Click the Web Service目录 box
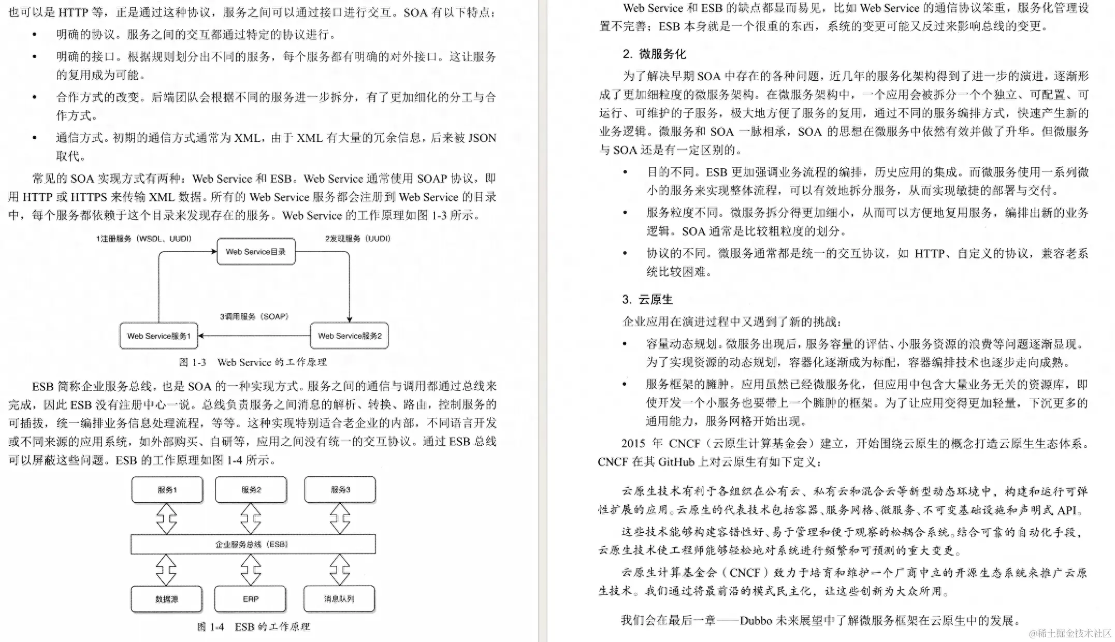pyautogui.click(x=256, y=252)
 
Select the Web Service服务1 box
pyautogui.click(x=159, y=336)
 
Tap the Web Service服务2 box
pyautogui.click(x=350, y=336)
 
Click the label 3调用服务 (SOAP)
pyautogui.click(x=254, y=316)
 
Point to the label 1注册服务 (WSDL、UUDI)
pyautogui.click(x=143, y=239)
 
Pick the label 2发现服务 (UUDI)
pyautogui.click(x=357, y=239)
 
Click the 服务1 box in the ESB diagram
pyautogui.click(x=167, y=490)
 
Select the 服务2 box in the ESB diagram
pyautogui.click(x=251, y=490)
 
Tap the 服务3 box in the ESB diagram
pyautogui.click(x=340, y=490)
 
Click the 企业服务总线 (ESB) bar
pyautogui.click(x=253, y=544)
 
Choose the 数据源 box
pyautogui.click(x=167, y=599)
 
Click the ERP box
pyautogui.click(x=251, y=599)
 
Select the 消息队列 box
pyautogui.click(x=339, y=599)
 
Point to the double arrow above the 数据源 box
pyautogui.click(x=166, y=570)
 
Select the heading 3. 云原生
pyautogui.click(x=647, y=299)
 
